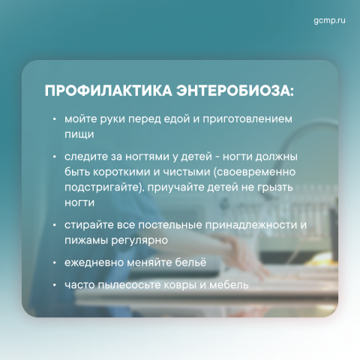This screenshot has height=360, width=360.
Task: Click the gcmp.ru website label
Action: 329,20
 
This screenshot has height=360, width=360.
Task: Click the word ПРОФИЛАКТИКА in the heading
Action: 108,91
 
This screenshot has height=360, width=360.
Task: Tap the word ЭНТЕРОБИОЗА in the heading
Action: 235,91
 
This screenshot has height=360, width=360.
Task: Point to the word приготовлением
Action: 247,119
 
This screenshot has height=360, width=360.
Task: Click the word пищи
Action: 79,135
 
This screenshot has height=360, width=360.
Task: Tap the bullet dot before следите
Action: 54,157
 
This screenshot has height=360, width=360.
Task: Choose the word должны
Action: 277,157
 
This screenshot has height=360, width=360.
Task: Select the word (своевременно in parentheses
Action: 254,172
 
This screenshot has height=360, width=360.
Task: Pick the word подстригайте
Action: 101,187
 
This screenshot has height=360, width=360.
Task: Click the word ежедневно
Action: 94,263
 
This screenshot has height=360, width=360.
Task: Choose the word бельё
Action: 190,262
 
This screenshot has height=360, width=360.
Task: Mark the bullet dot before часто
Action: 54,285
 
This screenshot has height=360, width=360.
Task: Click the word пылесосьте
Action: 130,285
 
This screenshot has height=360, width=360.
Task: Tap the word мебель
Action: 229,285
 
